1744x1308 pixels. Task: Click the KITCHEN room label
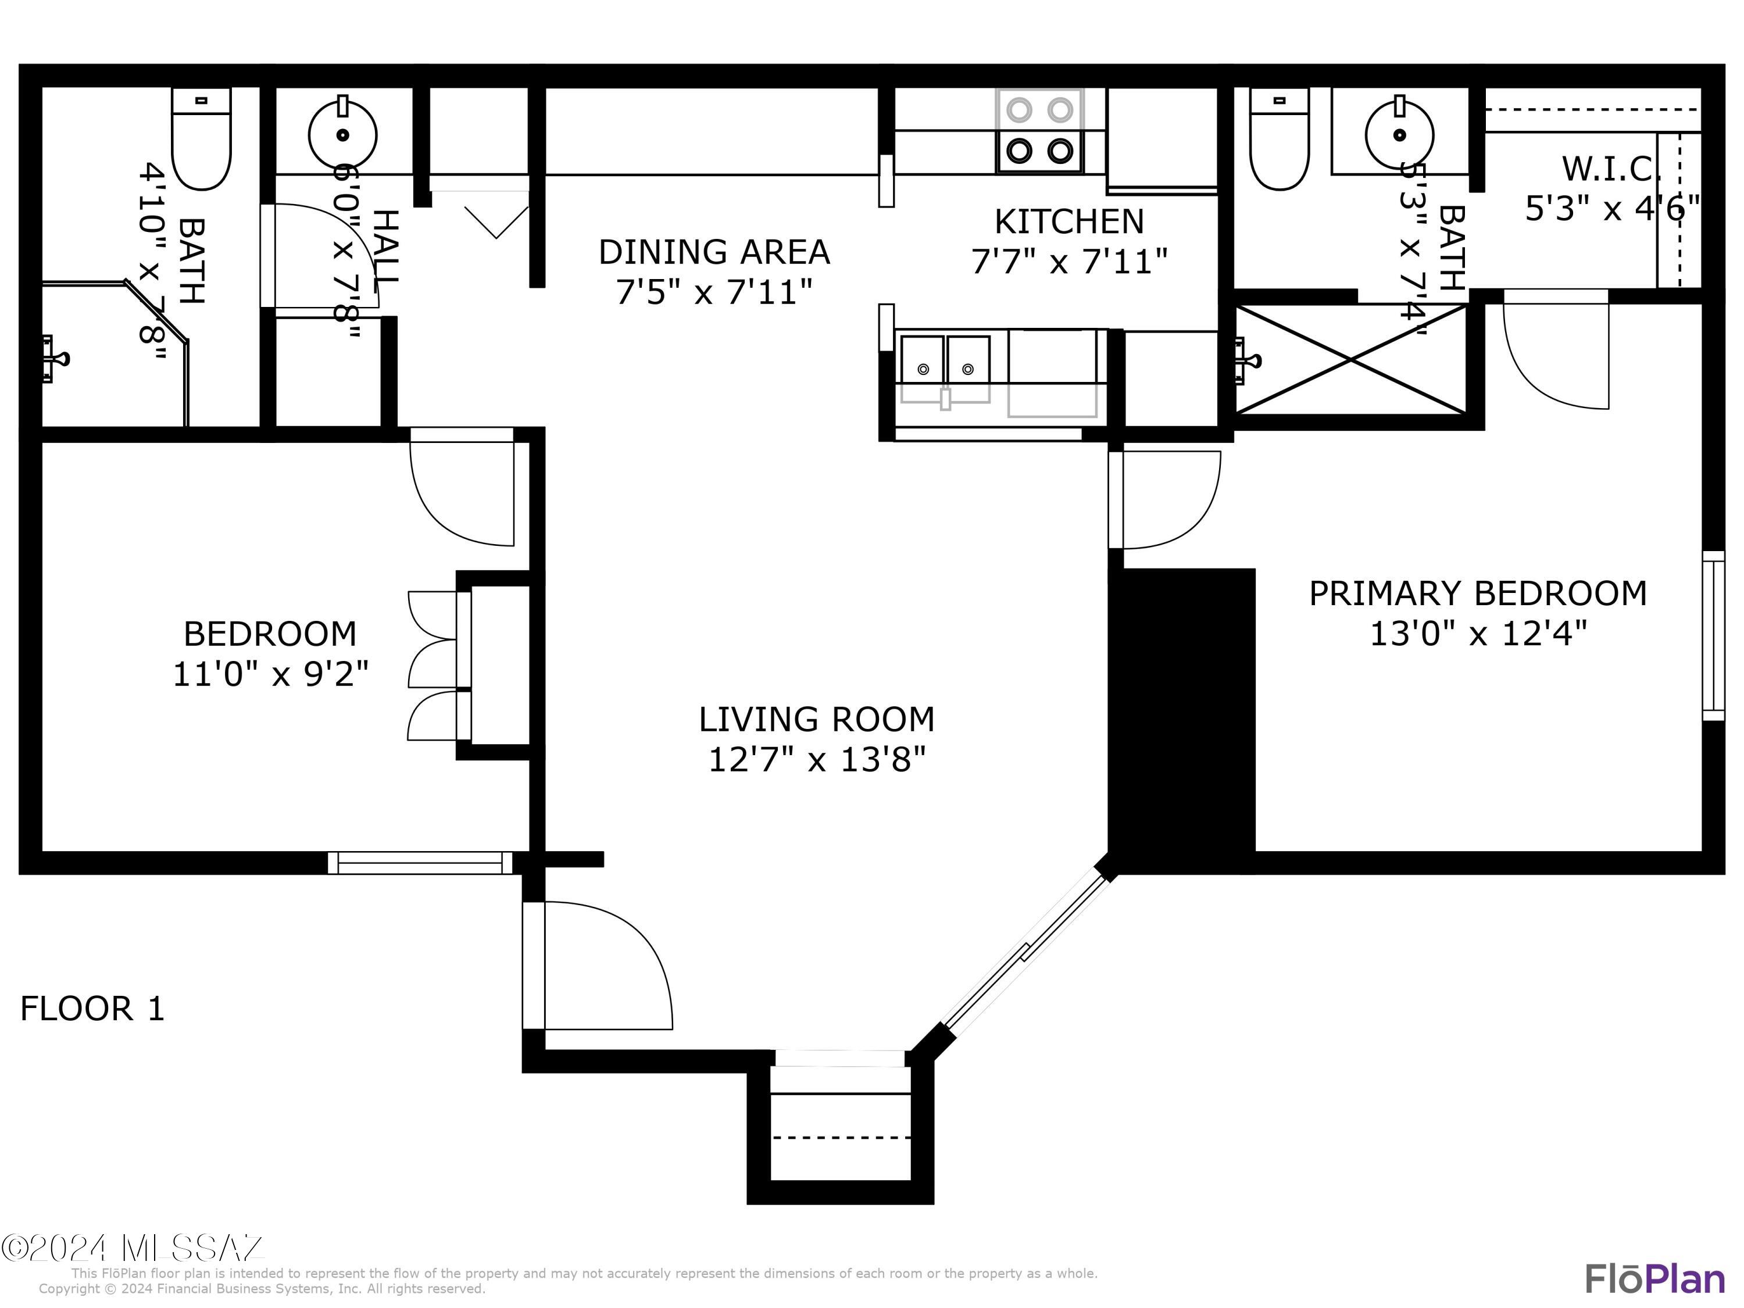point(1068,221)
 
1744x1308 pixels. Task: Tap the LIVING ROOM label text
point(816,719)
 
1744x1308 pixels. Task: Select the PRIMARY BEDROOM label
point(1478,593)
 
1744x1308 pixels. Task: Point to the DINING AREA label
point(713,252)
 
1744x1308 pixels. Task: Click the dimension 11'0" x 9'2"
point(270,674)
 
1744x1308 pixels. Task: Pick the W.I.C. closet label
point(1611,169)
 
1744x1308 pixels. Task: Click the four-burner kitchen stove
point(1039,130)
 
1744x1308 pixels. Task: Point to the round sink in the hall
point(342,135)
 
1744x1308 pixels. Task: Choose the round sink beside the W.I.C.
point(1399,135)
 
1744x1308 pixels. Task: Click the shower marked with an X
point(1350,359)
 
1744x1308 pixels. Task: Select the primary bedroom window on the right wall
point(1713,635)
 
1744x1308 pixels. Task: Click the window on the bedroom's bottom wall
point(420,863)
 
